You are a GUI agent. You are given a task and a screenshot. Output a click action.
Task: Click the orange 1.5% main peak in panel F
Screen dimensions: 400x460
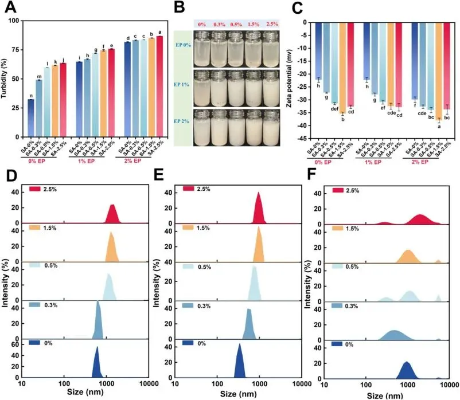[x=408, y=257]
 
